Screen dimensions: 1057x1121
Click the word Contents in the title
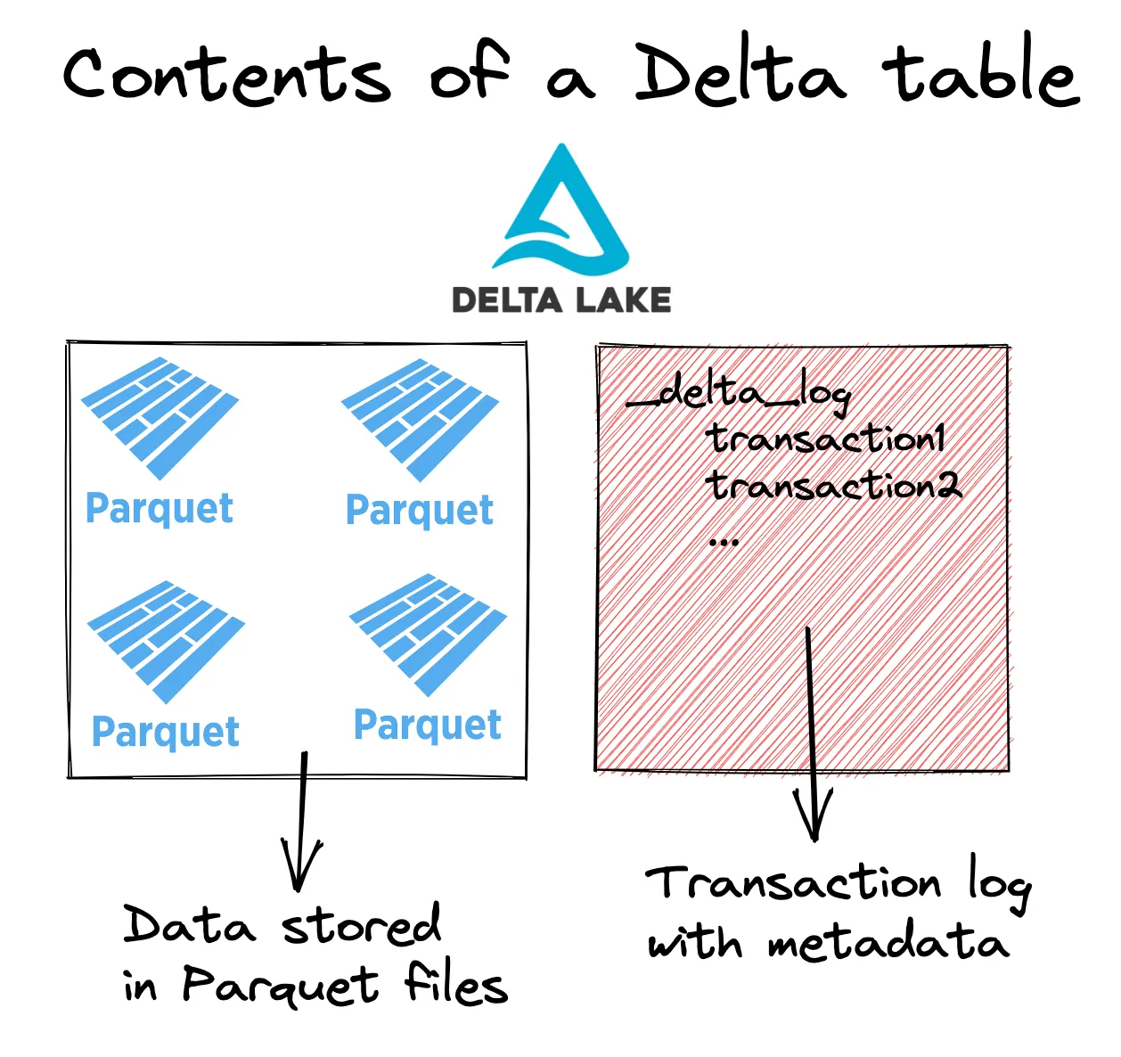tap(227, 75)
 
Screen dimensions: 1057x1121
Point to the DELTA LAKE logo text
tap(561, 299)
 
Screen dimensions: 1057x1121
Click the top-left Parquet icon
tap(160, 416)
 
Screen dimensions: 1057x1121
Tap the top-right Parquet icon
tap(420, 418)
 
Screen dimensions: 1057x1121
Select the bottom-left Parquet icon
tap(166, 639)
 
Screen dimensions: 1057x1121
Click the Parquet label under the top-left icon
tap(160, 509)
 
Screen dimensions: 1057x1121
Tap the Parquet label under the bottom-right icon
tap(428, 725)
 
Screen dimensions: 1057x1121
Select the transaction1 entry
tap(825, 438)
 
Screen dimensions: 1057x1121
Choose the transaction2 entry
tap(834, 486)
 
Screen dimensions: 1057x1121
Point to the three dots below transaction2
tap(724, 541)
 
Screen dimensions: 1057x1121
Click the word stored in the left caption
tap(362, 925)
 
